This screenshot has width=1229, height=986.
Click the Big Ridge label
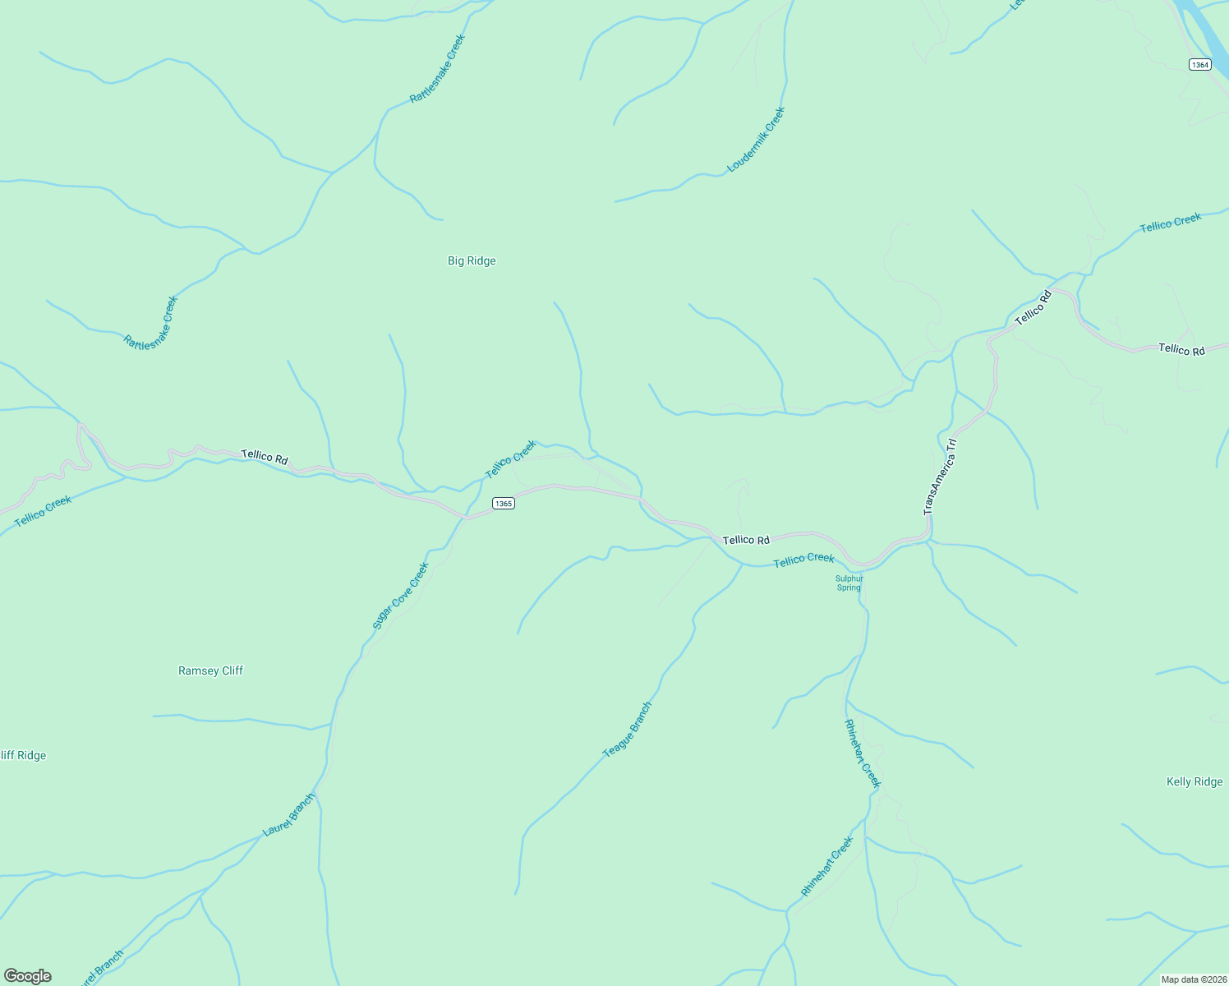[x=472, y=260]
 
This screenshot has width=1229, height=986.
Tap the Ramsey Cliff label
[x=210, y=670]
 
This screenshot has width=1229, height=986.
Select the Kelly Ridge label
[x=1194, y=781]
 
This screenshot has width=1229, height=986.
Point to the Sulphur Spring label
[x=849, y=583]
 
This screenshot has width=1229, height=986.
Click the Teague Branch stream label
[x=628, y=730]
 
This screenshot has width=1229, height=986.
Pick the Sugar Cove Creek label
[x=401, y=596]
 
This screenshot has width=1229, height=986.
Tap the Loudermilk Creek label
[x=757, y=140]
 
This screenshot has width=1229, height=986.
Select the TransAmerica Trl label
[x=941, y=477]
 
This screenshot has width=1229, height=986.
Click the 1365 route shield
[x=504, y=503]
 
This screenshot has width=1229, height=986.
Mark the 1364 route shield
[x=1200, y=65]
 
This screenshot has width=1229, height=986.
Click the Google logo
[x=28, y=976]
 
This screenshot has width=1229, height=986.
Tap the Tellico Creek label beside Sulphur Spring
[x=803, y=560]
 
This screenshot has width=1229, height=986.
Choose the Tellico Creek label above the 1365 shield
[x=511, y=459]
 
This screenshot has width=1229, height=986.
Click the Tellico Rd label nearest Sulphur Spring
[x=746, y=540]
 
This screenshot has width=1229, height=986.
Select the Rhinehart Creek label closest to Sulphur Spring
[x=862, y=753]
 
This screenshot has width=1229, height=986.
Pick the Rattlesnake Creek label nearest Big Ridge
[x=437, y=68]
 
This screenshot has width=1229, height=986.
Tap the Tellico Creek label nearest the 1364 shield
[x=1171, y=222]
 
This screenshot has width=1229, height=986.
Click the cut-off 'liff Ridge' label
[x=23, y=755]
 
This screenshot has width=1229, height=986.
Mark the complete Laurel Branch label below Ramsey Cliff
[x=288, y=814]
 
